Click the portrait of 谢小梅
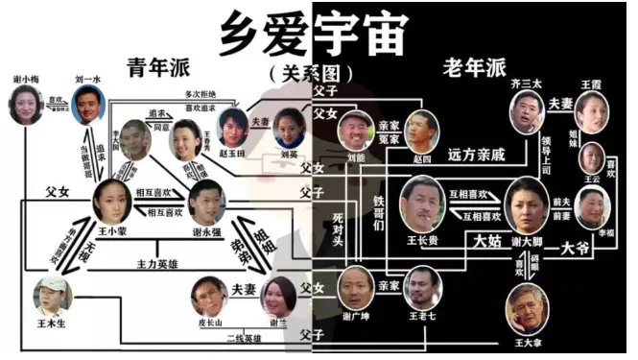(26, 105)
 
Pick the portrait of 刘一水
(87, 103)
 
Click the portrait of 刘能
(356, 128)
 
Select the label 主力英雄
(157, 262)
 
